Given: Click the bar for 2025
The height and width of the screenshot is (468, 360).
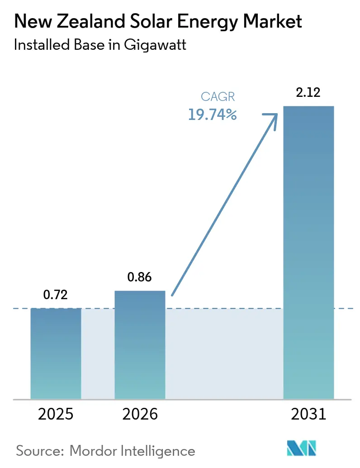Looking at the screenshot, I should pyautogui.click(x=56, y=353).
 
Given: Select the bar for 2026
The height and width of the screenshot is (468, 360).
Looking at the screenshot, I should pyautogui.click(x=140, y=344).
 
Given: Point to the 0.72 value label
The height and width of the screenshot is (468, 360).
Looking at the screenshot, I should pyautogui.click(x=56, y=295).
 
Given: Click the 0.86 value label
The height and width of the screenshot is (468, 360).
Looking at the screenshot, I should pyautogui.click(x=140, y=277).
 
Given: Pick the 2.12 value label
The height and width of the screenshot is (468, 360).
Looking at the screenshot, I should pyautogui.click(x=308, y=93).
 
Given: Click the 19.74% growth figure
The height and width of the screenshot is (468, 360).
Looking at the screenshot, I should pyautogui.click(x=213, y=115).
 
